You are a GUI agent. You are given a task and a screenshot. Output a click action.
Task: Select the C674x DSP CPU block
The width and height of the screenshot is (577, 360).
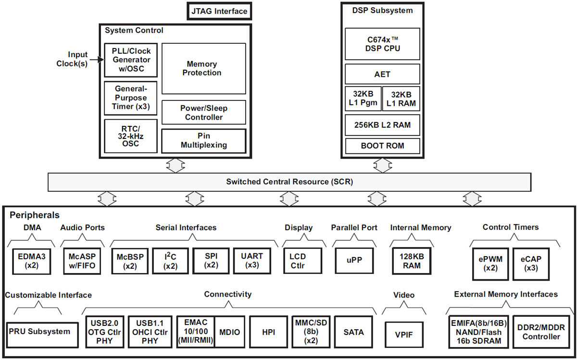(x=382, y=44)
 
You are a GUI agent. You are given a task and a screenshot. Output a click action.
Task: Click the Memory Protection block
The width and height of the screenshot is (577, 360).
(x=203, y=68)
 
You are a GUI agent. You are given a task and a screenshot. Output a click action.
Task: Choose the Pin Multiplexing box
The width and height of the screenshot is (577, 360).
(x=203, y=140)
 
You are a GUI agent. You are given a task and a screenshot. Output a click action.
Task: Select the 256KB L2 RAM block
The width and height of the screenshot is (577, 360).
(x=382, y=125)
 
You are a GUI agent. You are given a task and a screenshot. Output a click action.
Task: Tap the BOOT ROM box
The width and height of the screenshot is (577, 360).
(x=382, y=146)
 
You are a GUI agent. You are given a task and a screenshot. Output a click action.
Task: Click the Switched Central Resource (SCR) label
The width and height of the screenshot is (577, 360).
(x=289, y=182)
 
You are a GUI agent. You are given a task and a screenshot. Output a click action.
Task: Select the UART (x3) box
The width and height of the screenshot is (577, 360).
(x=252, y=261)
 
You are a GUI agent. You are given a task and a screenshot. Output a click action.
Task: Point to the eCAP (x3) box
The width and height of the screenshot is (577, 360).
(x=531, y=264)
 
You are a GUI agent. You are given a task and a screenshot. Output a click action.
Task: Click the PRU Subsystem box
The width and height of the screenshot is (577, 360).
(x=42, y=332)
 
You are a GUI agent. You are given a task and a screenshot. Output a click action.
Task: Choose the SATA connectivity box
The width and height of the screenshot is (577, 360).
(x=353, y=332)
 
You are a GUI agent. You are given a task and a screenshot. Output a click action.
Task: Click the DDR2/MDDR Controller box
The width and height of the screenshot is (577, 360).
(x=541, y=332)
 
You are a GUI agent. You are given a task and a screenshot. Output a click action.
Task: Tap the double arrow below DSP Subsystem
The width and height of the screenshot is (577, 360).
(x=382, y=165)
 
